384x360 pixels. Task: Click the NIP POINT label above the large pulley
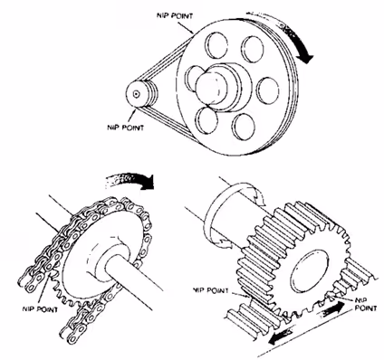click(x=175, y=15)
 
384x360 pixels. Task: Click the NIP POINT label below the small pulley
click(x=126, y=128)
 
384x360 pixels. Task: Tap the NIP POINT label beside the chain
click(x=40, y=309)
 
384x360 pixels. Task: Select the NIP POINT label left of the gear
click(x=211, y=290)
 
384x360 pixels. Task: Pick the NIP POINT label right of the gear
click(x=366, y=305)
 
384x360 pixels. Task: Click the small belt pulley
click(x=140, y=94)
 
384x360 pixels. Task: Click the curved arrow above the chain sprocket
click(x=130, y=180)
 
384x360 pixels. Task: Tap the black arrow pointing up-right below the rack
click(x=331, y=309)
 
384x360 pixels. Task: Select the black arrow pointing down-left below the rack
click(x=282, y=336)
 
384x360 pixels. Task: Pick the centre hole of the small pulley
click(x=137, y=94)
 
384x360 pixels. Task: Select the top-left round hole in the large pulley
click(x=216, y=45)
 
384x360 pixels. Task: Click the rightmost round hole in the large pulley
click(x=268, y=90)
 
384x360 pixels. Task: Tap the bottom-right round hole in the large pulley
click(x=244, y=127)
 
